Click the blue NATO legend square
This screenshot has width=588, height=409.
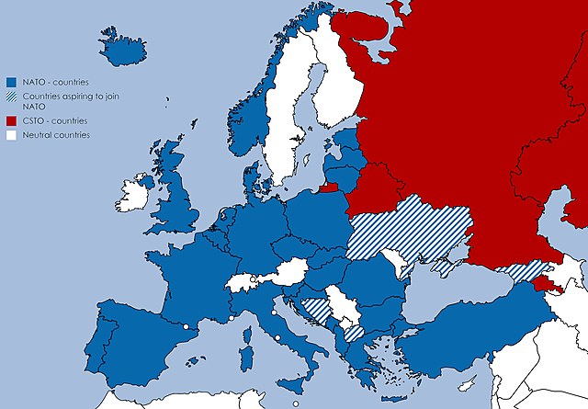click(12, 82)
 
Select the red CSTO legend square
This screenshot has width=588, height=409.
click(12, 120)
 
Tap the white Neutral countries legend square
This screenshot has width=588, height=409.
click(12, 135)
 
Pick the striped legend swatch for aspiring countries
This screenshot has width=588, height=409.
click(12, 97)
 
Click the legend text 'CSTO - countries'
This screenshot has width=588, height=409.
click(54, 120)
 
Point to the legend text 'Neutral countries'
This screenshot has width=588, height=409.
click(56, 135)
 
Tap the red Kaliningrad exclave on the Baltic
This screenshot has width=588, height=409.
click(328, 190)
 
